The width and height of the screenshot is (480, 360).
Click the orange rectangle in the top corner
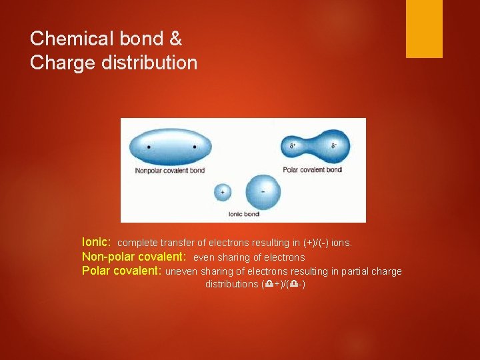tap(424, 29)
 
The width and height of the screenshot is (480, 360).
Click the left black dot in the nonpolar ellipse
tap(148, 147)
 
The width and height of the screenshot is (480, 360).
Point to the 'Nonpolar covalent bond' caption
tap(169, 171)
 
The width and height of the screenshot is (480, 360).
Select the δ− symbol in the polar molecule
tap(333, 144)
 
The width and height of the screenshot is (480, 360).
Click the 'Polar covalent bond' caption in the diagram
tap(312, 170)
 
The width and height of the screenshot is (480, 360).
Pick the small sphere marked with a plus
tap(222, 192)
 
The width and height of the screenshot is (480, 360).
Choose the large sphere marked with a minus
tap(263, 192)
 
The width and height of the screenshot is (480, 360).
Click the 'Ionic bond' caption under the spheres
tap(243, 215)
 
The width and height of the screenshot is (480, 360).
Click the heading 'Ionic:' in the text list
tap(97, 243)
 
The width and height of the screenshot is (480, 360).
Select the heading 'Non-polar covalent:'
tap(133, 257)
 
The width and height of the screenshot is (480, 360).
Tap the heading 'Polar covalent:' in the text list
tap(121, 271)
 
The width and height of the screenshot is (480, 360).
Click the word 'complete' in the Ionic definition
tap(137, 243)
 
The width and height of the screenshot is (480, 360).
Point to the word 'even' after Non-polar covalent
tap(204, 257)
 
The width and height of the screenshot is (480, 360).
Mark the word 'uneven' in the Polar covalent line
tap(180, 271)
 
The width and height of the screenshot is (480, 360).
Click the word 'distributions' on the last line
tap(231, 285)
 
